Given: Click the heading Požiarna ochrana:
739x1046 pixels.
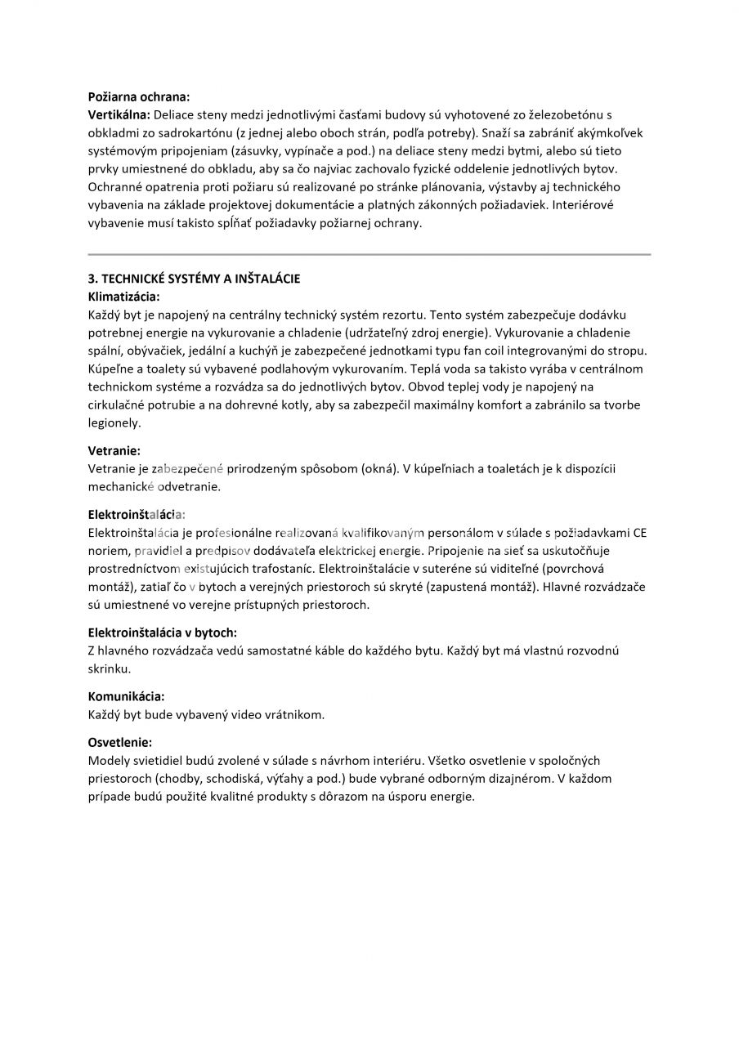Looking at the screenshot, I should coord(138,96).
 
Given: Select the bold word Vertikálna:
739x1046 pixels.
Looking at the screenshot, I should coord(119,114).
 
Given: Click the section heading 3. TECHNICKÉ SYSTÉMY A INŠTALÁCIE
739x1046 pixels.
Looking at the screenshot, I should coord(194,279).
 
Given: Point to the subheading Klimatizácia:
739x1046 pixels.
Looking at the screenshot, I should coord(123,297).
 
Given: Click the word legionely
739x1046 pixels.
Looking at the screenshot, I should coord(114,422).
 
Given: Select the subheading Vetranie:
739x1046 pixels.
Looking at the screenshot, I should coord(114,450).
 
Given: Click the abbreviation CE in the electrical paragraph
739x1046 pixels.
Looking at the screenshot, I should coord(639,533).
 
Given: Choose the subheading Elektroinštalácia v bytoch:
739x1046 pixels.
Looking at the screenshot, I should coord(162,633).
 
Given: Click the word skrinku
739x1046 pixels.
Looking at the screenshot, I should coord(109,668).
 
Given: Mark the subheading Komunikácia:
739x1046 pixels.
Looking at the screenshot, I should coord(126,696).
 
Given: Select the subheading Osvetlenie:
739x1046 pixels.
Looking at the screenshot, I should coord(119,742).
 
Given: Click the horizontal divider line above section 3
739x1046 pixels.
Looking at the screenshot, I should coord(369,255).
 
